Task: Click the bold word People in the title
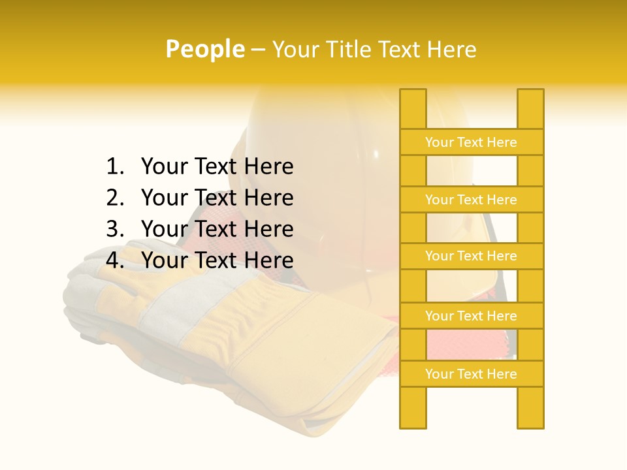(205, 49)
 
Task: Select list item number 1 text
(217, 166)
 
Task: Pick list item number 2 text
(217, 197)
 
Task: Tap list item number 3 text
(217, 228)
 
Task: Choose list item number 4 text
(217, 260)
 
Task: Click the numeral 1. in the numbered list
(115, 166)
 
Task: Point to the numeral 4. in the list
(115, 260)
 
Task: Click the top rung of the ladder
(472, 142)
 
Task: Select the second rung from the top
(472, 200)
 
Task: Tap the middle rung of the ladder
(472, 257)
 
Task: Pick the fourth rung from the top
(472, 316)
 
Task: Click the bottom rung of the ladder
(472, 374)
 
